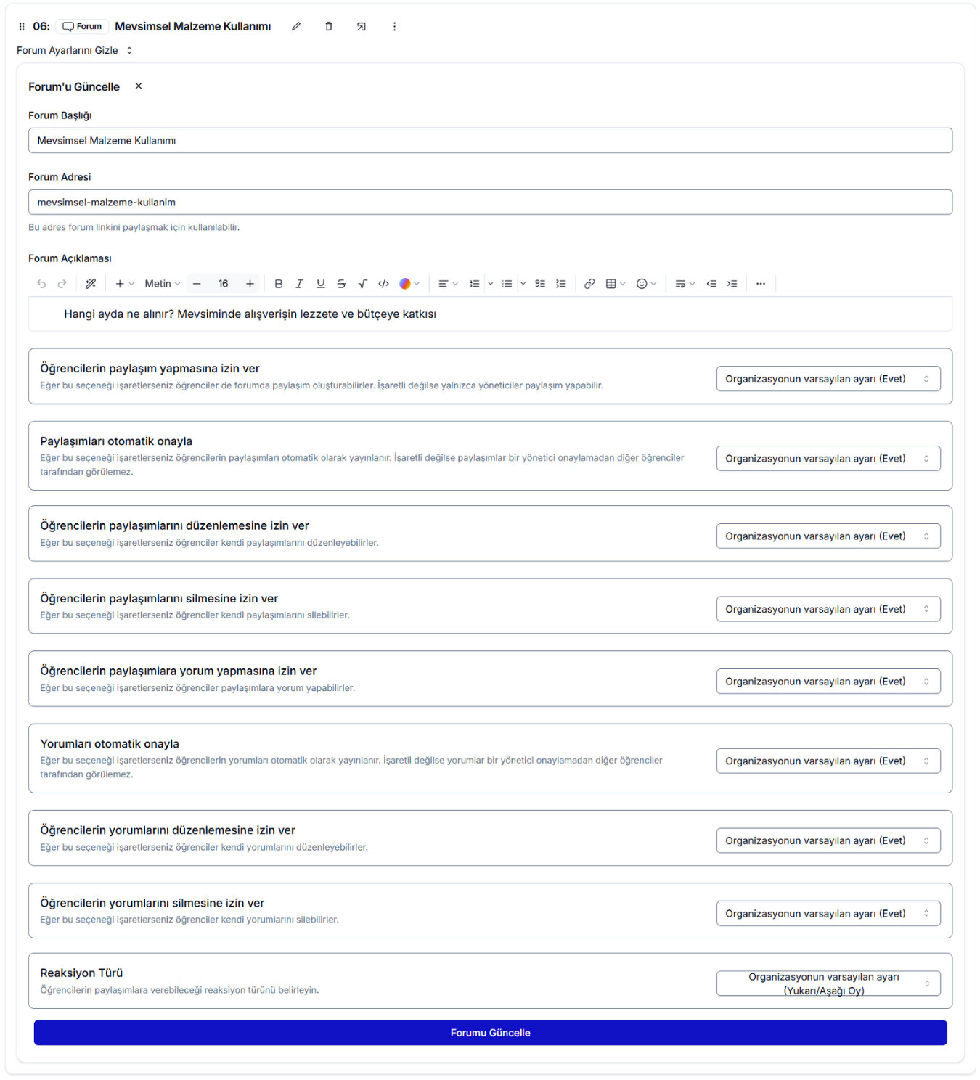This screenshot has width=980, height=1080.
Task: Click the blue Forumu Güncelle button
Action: point(490,1032)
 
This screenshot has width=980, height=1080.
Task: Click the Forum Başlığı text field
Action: point(490,141)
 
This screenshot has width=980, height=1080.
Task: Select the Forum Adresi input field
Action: point(490,202)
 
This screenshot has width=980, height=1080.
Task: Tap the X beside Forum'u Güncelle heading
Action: point(139,86)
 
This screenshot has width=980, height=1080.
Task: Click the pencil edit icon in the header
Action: point(296,27)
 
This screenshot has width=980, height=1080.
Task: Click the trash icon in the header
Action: point(329,27)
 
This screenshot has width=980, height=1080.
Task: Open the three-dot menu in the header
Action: point(394,27)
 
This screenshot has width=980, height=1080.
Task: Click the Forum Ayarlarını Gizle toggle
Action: point(75,51)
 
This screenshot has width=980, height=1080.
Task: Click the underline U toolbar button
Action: point(320,284)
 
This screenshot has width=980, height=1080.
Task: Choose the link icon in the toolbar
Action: point(589,284)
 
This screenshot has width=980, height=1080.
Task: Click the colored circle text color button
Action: point(405,284)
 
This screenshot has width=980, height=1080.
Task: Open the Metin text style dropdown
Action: point(162,284)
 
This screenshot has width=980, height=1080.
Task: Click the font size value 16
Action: point(223,284)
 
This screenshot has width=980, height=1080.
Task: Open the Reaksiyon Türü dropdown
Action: point(828,983)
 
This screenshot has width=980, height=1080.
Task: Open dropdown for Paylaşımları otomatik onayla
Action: point(828,459)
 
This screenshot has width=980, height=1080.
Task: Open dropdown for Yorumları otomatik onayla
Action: point(828,761)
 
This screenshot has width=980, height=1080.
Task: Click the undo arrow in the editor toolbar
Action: point(41,284)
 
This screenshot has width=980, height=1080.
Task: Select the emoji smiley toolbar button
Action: point(642,284)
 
